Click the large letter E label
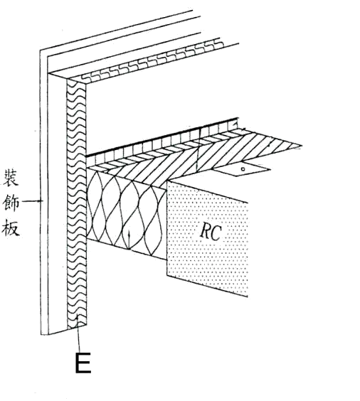[x=83, y=363]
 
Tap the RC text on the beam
[x=211, y=232]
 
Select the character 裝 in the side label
[x=11, y=178]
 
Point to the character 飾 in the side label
[x=11, y=203]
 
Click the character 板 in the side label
[x=11, y=227]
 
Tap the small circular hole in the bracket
[x=243, y=169]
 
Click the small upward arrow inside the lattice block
[x=129, y=239]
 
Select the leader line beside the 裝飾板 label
[x=32, y=201]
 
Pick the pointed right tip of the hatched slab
[x=302, y=146]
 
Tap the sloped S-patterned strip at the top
[x=151, y=61]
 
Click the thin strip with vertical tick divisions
[x=162, y=143]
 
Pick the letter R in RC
[x=205, y=232]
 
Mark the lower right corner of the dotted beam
[x=248, y=297]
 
